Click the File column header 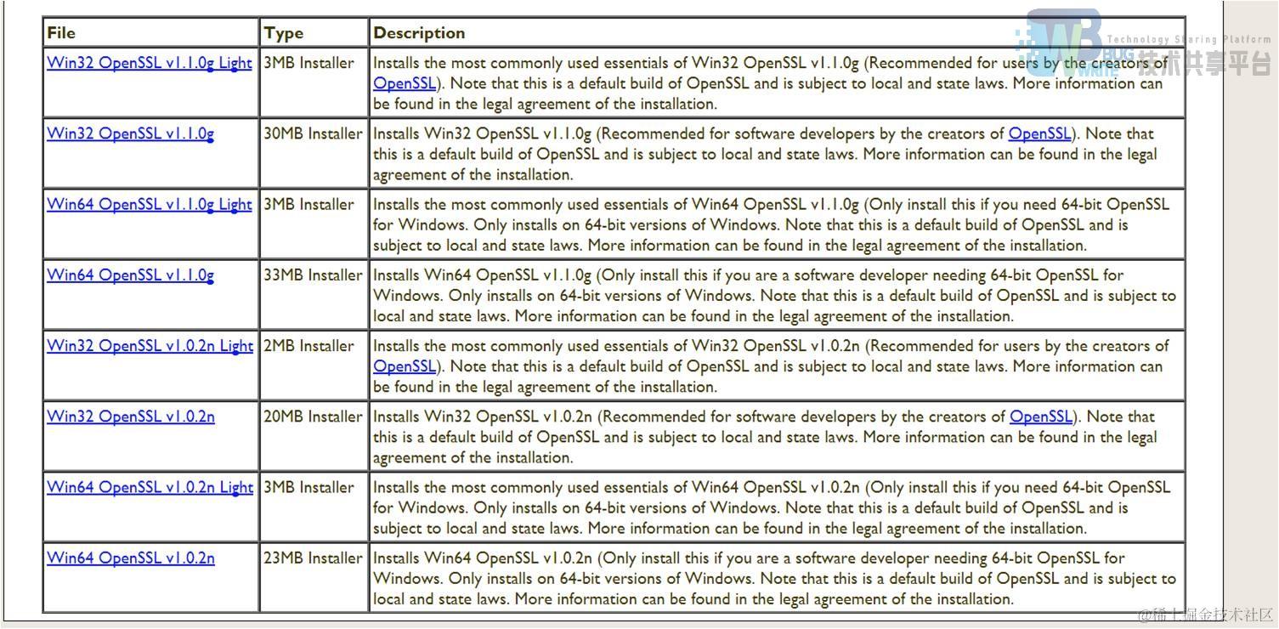[x=61, y=33]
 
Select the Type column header [x=283, y=33]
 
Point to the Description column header [x=419, y=33]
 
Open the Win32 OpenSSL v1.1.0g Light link [x=150, y=63]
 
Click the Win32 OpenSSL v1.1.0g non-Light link [x=130, y=133]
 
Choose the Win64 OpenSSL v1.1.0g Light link [x=150, y=204]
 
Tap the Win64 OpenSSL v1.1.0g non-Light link [x=130, y=275]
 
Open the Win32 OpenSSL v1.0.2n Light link [x=150, y=346]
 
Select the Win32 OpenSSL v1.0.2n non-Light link [x=131, y=416]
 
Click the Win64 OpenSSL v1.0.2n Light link [x=150, y=487]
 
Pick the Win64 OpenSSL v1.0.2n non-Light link [x=131, y=558]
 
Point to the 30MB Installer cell [x=313, y=133]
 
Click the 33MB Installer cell [x=313, y=275]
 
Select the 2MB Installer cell [x=308, y=346]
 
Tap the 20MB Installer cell [x=313, y=416]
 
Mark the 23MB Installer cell [x=313, y=558]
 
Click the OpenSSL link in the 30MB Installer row [x=1039, y=133]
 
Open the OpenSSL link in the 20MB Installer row [x=1040, y=416]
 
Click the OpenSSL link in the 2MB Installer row [x=405, y=366]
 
